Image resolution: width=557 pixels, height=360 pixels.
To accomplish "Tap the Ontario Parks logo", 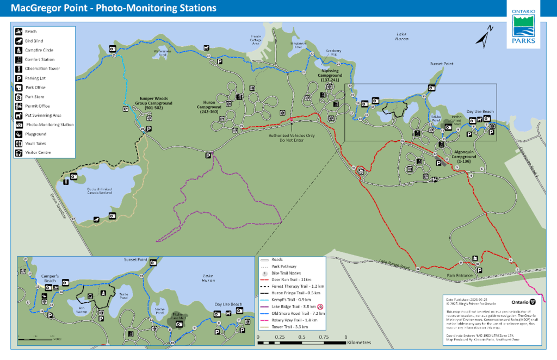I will pyautogui.click(x=524, y=27).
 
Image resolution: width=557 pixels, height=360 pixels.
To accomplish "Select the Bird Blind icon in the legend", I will pyautogui.click(x=18, y=41).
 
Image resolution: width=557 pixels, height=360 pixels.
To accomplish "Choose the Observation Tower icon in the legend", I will pyautogui.click(x=18, y=69).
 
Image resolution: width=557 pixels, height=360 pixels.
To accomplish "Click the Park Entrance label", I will pyautogui.click(x=462, y=275).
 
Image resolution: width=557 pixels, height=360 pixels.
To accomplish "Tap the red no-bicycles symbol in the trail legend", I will pyautogui.click(x=321, y=306).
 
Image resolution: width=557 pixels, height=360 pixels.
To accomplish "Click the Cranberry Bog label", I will pyautogui.click(x=332, y=52).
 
